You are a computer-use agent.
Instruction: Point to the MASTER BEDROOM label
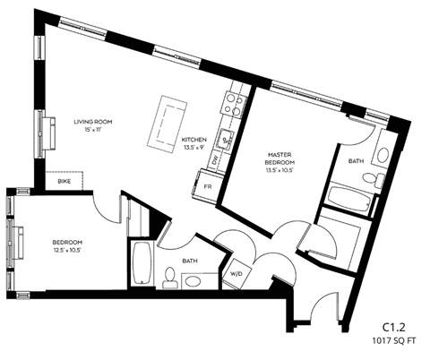tap(279, 159)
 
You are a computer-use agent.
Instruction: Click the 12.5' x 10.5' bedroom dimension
tap(66, 252)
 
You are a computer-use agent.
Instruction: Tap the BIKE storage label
tap(64, 182)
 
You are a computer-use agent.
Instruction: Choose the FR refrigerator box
tap(208, 186)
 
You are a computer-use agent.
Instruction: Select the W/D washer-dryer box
tap(237, 273)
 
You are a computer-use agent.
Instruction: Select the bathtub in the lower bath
tap(140, 263)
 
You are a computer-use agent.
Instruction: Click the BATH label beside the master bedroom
tap(356, 162)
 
